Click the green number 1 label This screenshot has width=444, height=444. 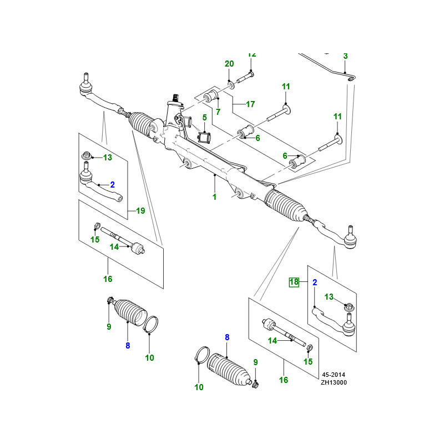tap(215, 197)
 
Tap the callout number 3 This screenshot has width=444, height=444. tap(345, 56)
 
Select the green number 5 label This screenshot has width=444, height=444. tap(204, 118)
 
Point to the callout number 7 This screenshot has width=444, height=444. tap(218, 112)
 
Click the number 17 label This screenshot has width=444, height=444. tap(250, 104)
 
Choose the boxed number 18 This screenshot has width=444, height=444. tap(294, 282)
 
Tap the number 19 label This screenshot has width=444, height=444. tap(140, 211)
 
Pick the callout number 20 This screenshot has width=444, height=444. tap(229, 64)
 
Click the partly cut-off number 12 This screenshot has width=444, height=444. tap(252, 54)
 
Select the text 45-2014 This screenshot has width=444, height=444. tap(334, 375)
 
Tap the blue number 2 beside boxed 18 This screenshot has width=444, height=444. tap(314, 282)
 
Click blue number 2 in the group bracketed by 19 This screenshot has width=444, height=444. tap(112, 184)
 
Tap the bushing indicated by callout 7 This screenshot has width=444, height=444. tap(211, 95)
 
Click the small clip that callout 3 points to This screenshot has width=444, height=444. tap(351, 81)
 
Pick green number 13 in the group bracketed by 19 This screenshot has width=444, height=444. tap(107, 158)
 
